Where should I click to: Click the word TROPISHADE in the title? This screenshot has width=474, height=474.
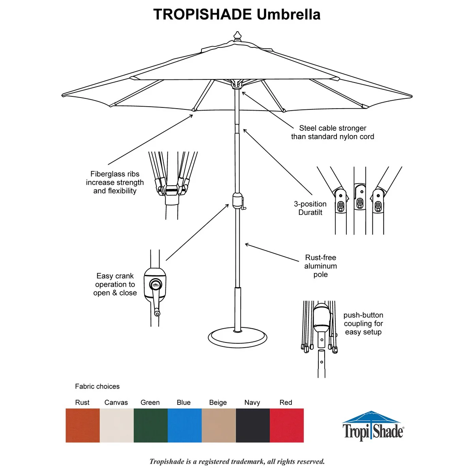[203, 14]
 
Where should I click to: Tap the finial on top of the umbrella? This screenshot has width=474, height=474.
[237, 36]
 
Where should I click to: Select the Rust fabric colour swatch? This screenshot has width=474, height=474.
[83, 425]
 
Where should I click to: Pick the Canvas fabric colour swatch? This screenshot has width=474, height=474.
[117, 425]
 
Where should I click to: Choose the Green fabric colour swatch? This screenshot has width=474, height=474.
[151, 425]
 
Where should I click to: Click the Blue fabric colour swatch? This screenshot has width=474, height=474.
[185, 425]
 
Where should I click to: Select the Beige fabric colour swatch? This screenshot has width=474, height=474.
[219, 425]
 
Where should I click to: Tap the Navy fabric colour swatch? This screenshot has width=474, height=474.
[253, 425]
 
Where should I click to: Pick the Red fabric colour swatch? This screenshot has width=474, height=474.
[287, 425]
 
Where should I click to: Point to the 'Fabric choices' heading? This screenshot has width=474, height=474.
[98, 386]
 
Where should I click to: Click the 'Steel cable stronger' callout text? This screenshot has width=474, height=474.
[333, 128]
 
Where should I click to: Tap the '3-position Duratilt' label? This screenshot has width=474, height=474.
[310, 208]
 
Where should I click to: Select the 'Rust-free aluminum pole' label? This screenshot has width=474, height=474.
[320, 266]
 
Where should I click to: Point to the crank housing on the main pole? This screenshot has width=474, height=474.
[237, 201]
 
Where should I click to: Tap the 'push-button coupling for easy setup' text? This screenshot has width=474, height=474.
[363, 324]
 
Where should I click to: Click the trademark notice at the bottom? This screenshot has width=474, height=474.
[237, 461]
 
